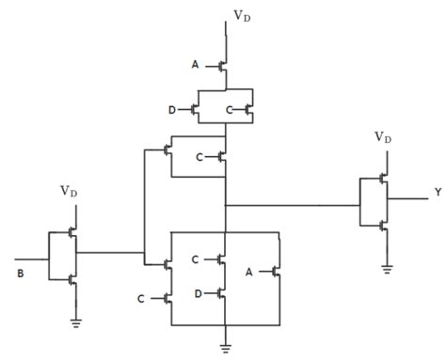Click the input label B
(20, 274)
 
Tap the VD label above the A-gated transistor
(242, 16)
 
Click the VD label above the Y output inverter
(382, 136)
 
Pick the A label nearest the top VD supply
(195, 66)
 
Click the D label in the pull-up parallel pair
(172, 110)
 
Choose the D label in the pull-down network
(196, 293)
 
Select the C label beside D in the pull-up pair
(229, 110)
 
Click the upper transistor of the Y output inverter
(381, 179)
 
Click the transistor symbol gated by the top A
(221, 67)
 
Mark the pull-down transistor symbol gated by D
(221, 293)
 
